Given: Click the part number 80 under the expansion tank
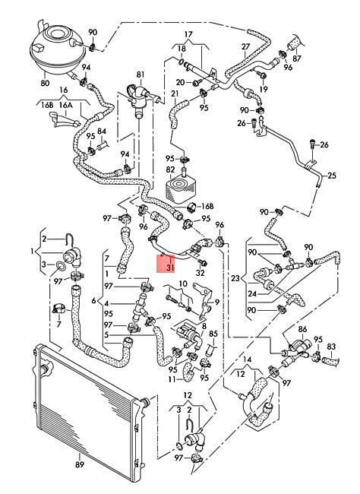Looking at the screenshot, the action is tap(45, 83).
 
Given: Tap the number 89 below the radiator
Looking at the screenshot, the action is tap(80, 464).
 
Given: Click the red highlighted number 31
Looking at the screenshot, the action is tap(170, 268).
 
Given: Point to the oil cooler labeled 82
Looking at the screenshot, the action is tap(179, 187).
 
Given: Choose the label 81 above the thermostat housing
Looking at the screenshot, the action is tap(141, 74).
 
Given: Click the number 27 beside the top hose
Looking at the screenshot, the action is tap(246, 46).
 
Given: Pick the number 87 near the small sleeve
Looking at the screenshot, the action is tap(297, 59).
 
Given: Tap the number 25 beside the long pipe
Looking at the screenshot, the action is tap(332, 175).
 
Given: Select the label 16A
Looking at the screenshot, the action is tap(66, 105).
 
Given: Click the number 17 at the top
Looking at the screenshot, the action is tap(188, 34).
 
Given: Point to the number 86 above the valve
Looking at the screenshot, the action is tap(302, 330).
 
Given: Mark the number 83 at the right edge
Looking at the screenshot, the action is tap(331, 347).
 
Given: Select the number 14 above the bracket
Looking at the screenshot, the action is tap(248, 359).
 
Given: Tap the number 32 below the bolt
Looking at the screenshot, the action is tap(201, 273).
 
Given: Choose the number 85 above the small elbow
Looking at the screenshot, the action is tap(213, 334).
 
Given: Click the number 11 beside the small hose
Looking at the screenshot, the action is tap(172, 379).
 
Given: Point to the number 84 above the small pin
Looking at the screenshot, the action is tap(102, 131).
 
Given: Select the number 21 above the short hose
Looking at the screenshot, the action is tap(175, 93).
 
